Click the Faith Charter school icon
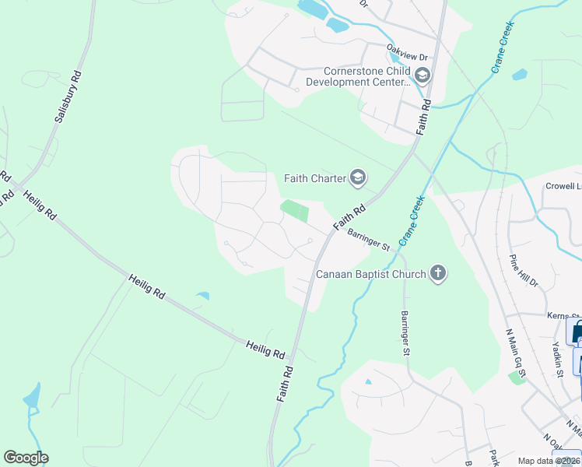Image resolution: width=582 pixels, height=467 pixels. point(357,178)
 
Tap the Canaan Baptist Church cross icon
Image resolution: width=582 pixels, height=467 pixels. point(439,273)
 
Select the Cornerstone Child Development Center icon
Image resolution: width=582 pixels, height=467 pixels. point(422,75)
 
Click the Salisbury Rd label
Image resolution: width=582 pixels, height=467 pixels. point(68,97)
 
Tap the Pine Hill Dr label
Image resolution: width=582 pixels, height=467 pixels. point(524,271)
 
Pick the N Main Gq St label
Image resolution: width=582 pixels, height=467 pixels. point(517,352)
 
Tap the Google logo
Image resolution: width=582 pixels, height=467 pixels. point(26,458)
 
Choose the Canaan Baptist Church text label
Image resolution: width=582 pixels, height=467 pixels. point(371,274)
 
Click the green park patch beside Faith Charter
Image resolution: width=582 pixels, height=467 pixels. point(295,210)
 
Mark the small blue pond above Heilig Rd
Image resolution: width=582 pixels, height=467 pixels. point(202,296)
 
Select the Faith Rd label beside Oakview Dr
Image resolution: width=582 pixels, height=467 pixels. point(425,118)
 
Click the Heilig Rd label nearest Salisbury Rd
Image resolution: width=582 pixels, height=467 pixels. point(40,203)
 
